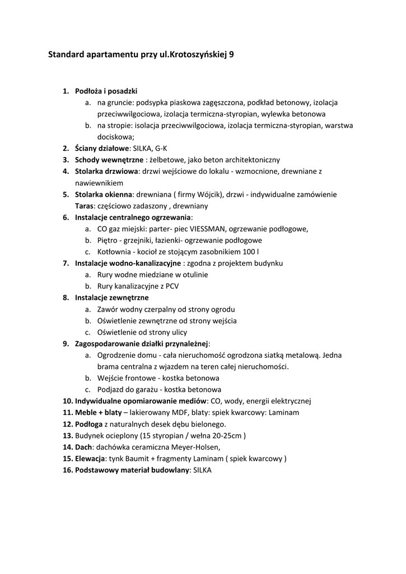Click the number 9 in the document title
[x=232, y=55]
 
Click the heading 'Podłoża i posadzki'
[x=106, y=91]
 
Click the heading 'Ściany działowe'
[x=102, y=149]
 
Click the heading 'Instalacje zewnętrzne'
[x=113, y=298]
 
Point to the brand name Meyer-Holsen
[x=192, y=447]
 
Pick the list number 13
[x=68, y=436]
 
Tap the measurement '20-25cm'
[x=227, y=436]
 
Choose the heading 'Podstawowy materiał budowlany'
[x=132, y=470]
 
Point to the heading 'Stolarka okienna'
[x=104, y=195]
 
